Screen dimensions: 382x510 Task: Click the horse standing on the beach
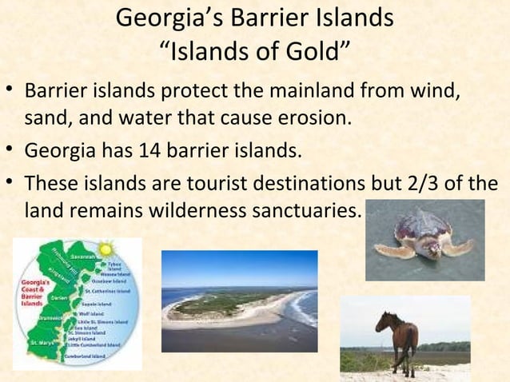click(397, 335)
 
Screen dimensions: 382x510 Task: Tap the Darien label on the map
click(58, 296)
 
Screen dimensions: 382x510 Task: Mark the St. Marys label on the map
click(42, 342)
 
